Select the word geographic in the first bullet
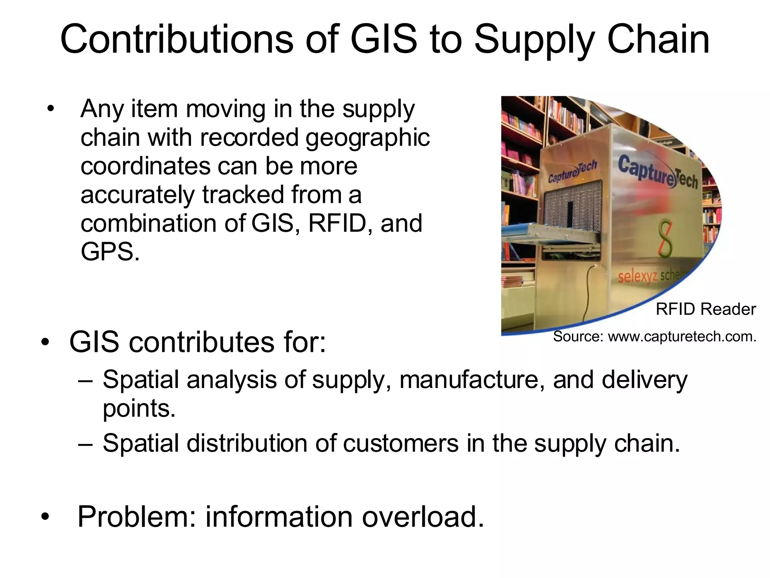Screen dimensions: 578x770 [367, 138]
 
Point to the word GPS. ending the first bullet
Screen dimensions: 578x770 [110, 252]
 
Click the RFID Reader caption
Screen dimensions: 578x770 [705, 309]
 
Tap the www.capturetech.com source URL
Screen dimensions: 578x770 [682, 336]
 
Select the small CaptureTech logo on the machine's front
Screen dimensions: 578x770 [572, 172]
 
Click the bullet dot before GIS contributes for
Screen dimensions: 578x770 [45, 342]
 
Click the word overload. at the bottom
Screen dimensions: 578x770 [423, 517]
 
